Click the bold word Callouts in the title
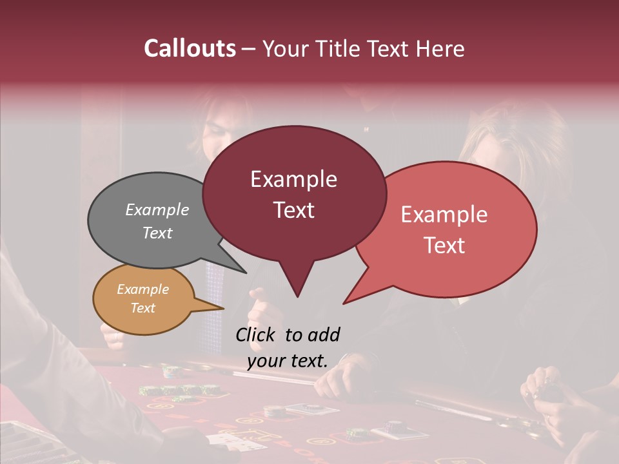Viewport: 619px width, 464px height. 190,48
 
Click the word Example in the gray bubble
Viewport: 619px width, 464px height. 157,209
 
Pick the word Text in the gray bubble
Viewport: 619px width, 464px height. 157,233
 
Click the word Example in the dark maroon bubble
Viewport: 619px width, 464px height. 293,179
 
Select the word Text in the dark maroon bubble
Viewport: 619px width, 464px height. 293,210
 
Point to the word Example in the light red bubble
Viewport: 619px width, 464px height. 444,215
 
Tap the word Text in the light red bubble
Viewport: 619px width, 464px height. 444,246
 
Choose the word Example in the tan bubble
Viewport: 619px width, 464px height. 142,289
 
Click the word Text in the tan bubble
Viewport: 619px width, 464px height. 142,308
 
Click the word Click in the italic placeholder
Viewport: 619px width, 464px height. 255,334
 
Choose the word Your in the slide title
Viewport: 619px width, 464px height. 284,48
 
